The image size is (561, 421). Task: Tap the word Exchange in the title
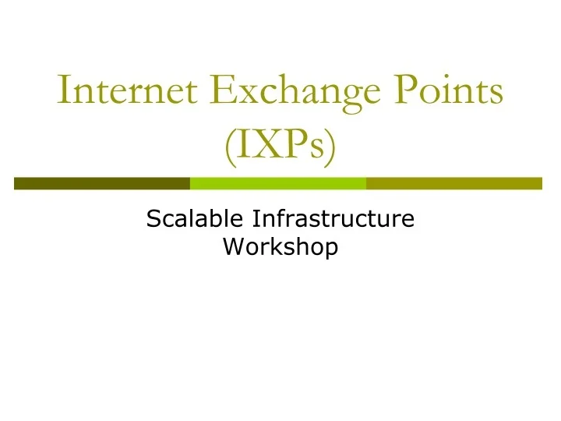[x=284, y=94]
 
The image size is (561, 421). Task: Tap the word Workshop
[x=280, y=247]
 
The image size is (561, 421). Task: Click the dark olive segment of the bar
[x=102, y=183]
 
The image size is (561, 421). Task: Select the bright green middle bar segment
[x=278, y=183]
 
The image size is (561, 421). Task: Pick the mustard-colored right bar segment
[x=453, y=183]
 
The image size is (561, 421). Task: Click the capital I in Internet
[x=65, y=93]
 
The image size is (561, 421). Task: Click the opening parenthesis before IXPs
[x=228, y=147]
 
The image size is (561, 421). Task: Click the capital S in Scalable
[x=153, y=219]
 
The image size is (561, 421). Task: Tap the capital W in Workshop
[x=233, y=247]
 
